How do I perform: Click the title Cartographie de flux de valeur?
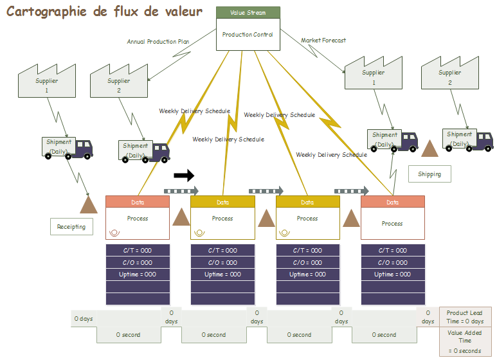pos(104,12)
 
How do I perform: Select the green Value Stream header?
pos(248,13)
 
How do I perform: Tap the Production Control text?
pos(248,35)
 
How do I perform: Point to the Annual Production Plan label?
pos(158,42)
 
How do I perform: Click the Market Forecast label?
pos(323,40)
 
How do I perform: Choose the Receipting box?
pos(71,227)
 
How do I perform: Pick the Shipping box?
pos(429,174)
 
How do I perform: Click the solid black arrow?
pos(184,175)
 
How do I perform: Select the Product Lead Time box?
pos(465,317)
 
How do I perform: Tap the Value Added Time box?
pos(465,341)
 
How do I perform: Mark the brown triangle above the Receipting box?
pos(88,204)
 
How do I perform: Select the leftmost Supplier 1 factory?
pos(46,81)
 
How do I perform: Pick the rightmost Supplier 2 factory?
pos(449,72)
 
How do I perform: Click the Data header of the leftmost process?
pos(138,202)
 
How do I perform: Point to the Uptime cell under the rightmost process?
pos(392,274)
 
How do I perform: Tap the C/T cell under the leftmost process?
pos(138,251)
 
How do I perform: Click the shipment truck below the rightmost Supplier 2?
pos(467,139)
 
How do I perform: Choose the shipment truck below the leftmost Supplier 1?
pos(67,147)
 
